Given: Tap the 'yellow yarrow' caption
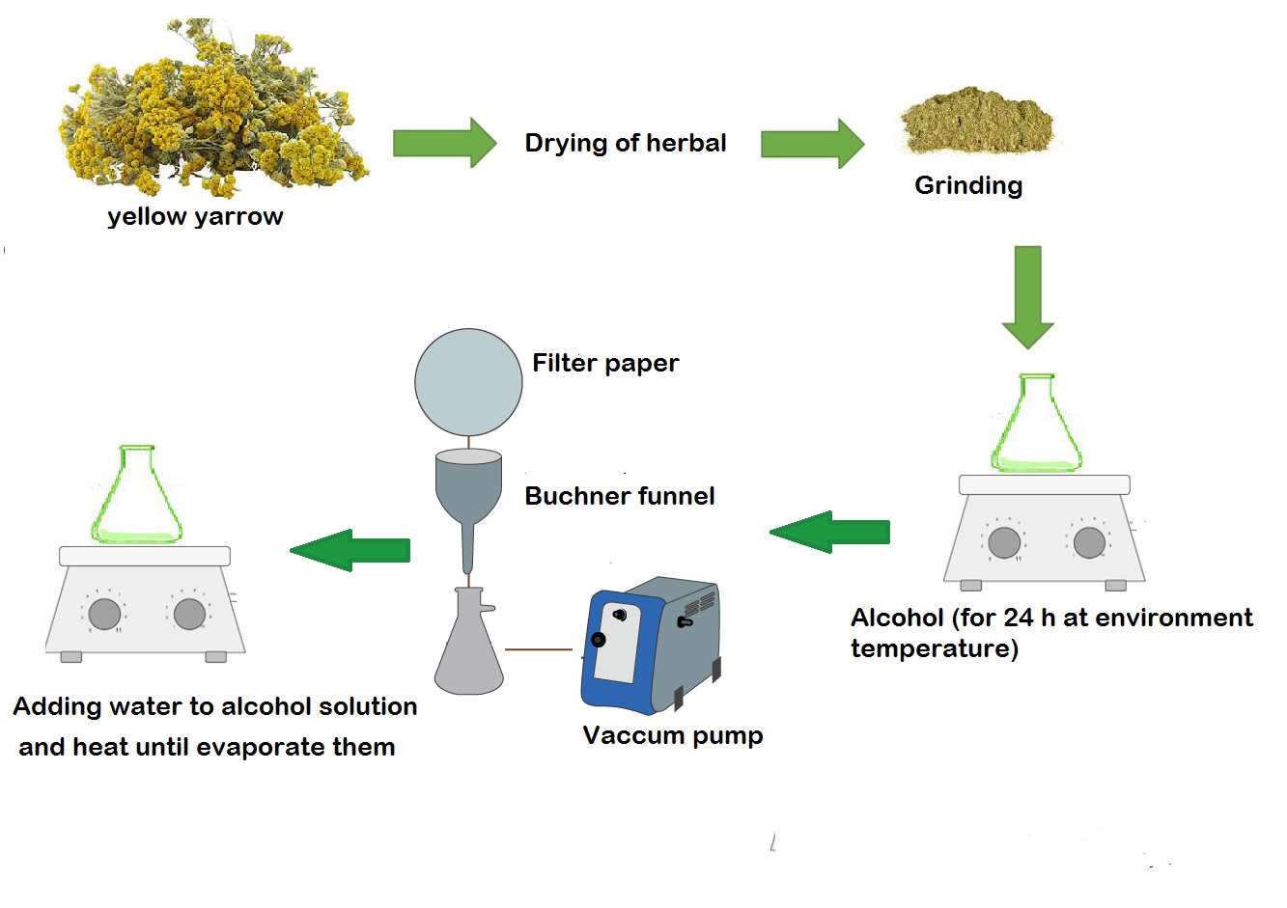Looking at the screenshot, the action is (195, 217).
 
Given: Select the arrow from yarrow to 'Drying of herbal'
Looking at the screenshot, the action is (445, 143).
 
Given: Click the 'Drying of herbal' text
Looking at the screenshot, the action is (625, 143).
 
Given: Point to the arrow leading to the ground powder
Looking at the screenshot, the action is (812, 143).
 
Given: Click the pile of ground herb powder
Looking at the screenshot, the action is (978, 121).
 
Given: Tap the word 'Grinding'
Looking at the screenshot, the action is (968, 186).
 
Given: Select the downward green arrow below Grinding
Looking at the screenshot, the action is (1028, 297).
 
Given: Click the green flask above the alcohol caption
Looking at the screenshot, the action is (1037, 424).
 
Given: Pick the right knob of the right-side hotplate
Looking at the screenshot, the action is (1089, 542).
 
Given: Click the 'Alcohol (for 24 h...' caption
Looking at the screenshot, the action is (1051, 633).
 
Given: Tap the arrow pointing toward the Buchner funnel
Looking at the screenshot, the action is (829, 533).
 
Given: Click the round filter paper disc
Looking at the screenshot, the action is (469, 382).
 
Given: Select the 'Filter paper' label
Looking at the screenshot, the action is (605, 364).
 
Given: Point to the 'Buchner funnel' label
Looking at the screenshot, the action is (620, 496).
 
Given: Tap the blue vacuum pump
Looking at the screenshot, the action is (651, 646).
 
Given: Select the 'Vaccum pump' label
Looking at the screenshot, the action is (673, 735).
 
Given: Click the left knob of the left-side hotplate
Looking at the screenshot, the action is (104, 614).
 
